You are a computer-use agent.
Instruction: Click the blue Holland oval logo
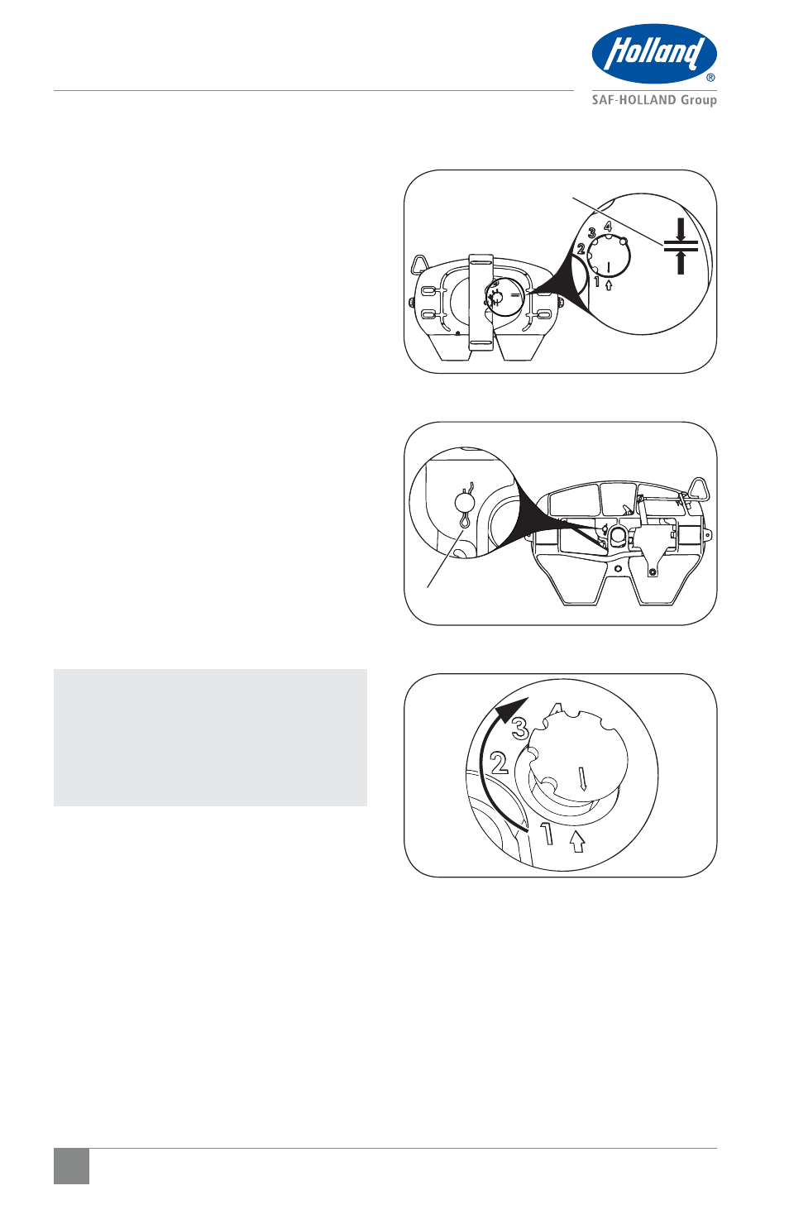(654, 53)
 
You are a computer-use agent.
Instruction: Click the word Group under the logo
(699, 101)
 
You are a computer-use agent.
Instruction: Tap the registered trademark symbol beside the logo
(710, 78)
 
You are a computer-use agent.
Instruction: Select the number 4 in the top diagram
(608, 225)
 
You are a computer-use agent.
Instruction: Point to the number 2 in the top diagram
(581, 249)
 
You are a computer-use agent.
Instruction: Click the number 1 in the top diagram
(597, 282)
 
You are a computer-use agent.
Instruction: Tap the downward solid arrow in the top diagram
(680, 228)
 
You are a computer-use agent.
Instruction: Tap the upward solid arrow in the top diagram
(680, 263)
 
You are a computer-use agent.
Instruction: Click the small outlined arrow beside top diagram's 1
(609, 284)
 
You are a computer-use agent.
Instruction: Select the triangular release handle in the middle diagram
(701, 488)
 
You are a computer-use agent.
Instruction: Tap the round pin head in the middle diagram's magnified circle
(464, 500)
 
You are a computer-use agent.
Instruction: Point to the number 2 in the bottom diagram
(500, 762)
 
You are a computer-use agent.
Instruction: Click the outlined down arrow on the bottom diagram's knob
(583, 779)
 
